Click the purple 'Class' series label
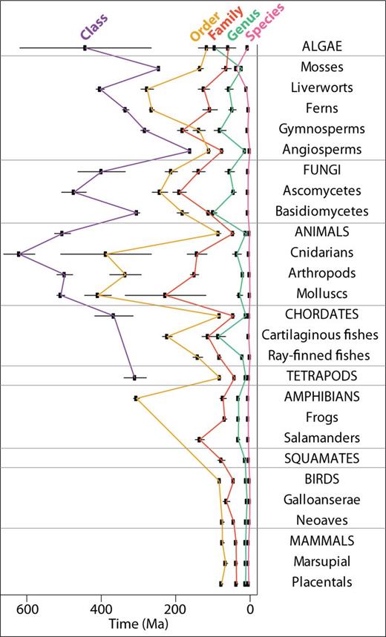click(x=95, y=27)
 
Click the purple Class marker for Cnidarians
click(x=19, y=254)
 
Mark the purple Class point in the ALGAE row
click(x=85, y=48)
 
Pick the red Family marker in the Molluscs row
click(x=166, y=295)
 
